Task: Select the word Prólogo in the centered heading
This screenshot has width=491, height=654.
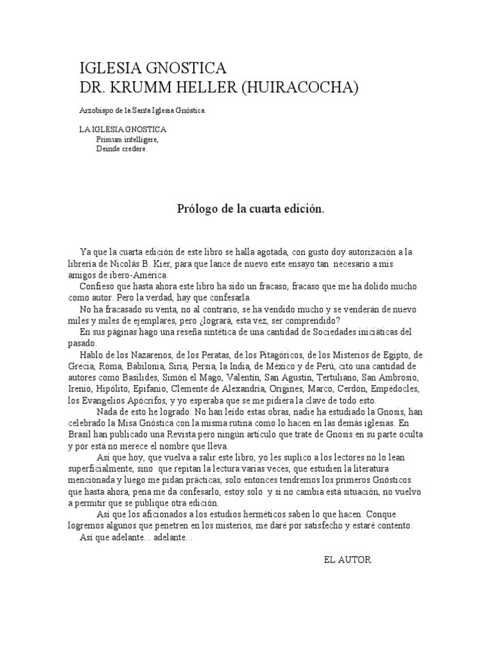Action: [x=194, y=209]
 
